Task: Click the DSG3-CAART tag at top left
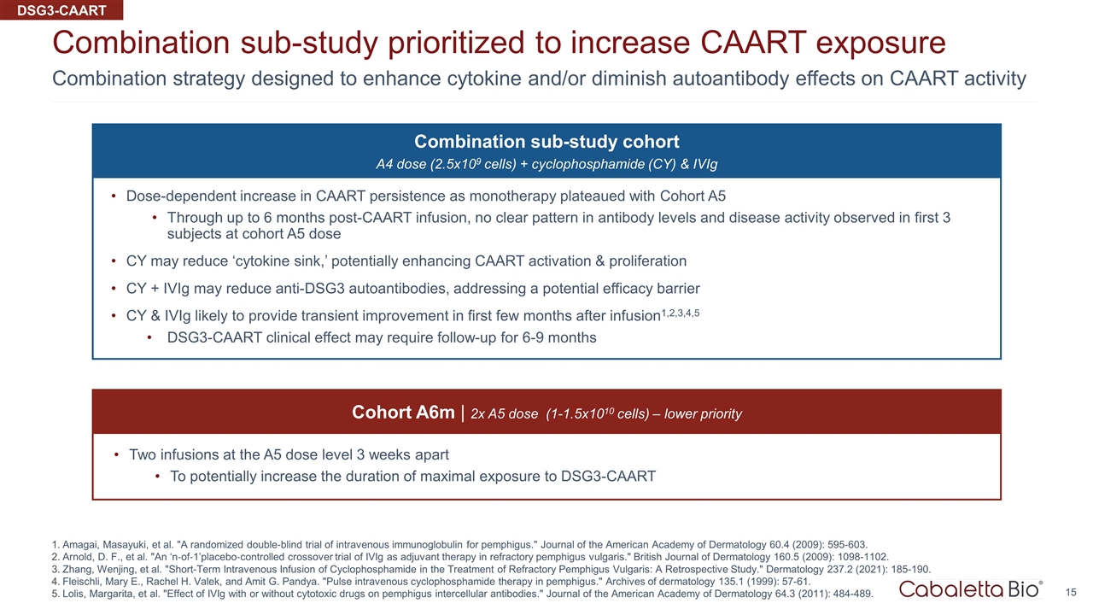[x=61, y=10]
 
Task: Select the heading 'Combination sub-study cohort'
[x=546, y=142]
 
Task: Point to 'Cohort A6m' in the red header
[x=403, y=413]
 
